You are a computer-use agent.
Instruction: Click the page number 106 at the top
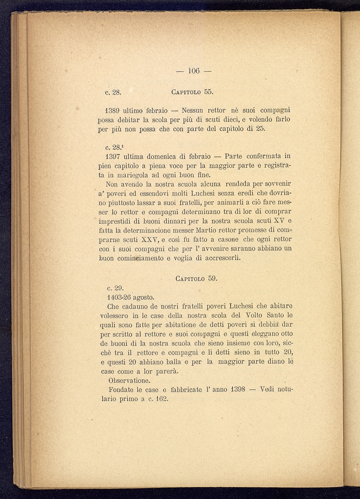(194, 71)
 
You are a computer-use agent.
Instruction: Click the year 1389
(113, 110)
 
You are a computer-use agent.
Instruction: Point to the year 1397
(113, 156)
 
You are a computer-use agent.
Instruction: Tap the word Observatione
(129, 381)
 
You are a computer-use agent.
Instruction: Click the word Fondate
(121, 390)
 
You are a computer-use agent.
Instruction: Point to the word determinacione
(147, 231)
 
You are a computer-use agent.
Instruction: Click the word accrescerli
(223, 258)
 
